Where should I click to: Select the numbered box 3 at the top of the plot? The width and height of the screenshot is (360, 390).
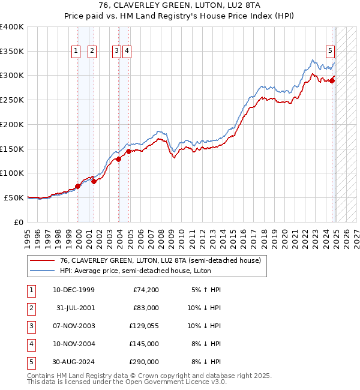(116, 52)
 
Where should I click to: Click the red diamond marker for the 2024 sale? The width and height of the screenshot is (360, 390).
(332, 80)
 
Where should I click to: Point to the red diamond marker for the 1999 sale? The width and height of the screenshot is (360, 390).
(78, 186)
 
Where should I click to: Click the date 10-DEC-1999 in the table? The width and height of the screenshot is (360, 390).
(74, 290)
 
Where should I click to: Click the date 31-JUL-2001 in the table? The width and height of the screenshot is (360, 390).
(74, 308)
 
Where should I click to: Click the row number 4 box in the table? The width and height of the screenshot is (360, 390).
(31, 344)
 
